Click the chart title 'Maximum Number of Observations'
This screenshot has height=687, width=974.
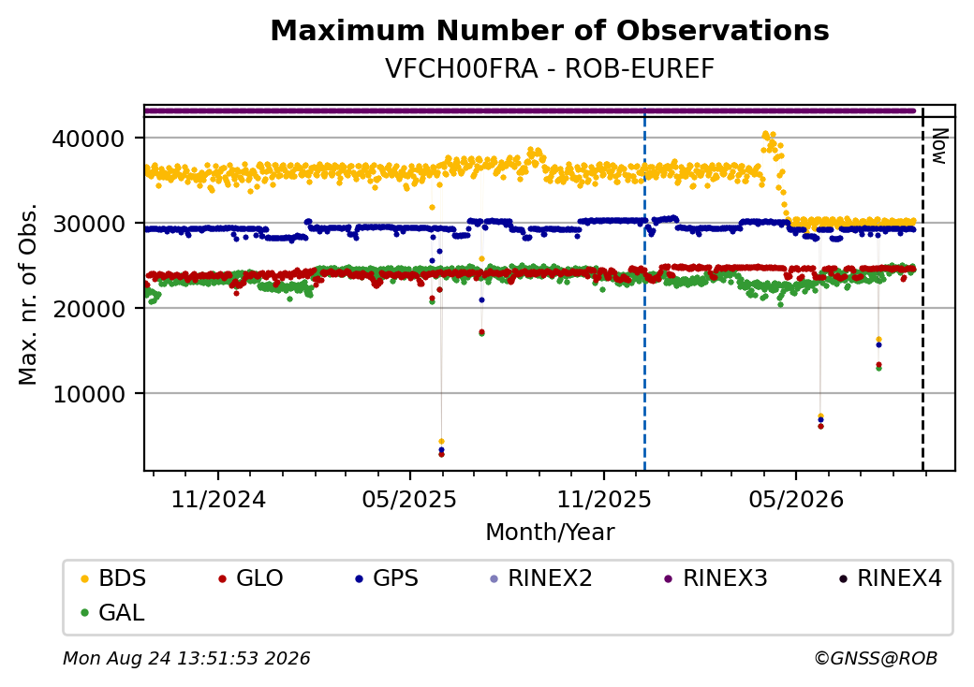pyautogui.click(x=550, y=30)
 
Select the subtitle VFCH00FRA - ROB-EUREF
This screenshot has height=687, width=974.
pyautogui.click(x=550, y=69)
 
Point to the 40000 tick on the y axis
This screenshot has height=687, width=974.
pyautogui.click(x=89, y=139)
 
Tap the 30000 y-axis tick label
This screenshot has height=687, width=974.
pyautogui.click(x=89, y=224)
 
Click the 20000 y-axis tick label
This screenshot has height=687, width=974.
pyautogui.click(x=89, y=309)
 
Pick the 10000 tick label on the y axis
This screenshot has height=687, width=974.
pyautogui.click(x=89, y=394)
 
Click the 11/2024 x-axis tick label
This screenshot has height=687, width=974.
pyautogui.click(x=218, y=500)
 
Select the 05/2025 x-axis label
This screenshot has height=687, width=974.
pyautogui.click(x=409, y=500)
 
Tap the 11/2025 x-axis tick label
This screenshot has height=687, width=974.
pyautogui.click(x=604, y=500)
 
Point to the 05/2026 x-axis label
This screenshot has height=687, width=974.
pyautogui.click(x=796, y=500)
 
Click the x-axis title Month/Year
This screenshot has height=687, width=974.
pyautogui.click(x=550, y=533)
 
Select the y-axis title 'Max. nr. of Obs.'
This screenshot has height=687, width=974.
pyautogui.click(x=28, y=294)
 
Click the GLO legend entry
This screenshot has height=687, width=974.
pyautogui.click(x=251, y=578)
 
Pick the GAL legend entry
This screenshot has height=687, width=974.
pyautogui.click(x=113, y=612)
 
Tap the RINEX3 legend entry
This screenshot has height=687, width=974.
pyautogui.click(x=716, y=578)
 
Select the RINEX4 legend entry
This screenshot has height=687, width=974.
pyautogui.click(x=890, y=578)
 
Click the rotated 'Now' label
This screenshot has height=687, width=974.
pyautogui.click(x=940, y=146)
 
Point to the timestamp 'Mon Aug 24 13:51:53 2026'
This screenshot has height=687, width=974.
pyautogui.click(x=186, y=658)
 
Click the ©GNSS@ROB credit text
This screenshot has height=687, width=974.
pyautogui.click(x=876, y=658)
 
